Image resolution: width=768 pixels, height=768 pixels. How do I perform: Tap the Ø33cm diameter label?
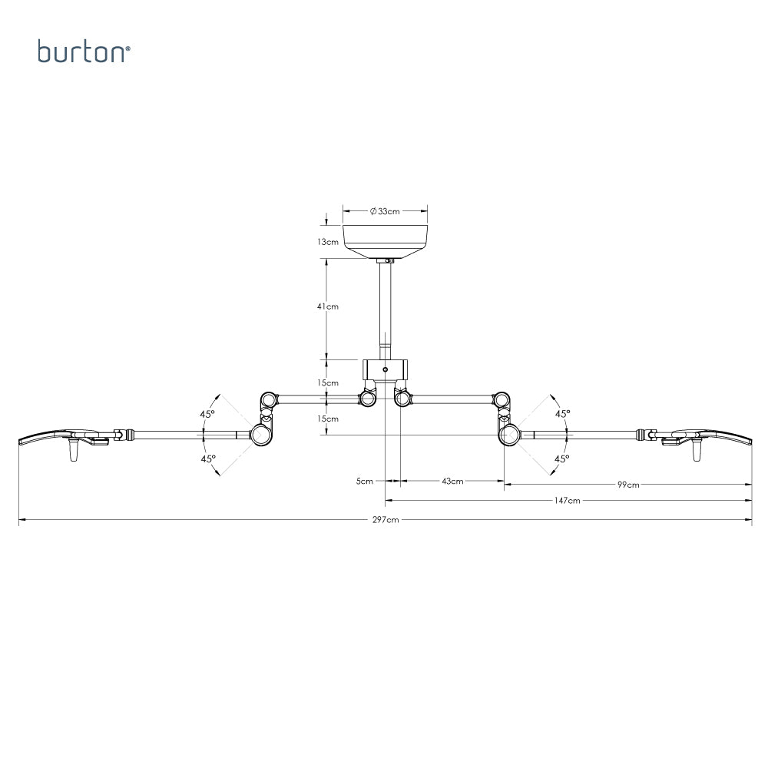point(385,211)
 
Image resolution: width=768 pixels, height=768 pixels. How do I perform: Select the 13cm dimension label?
point(328,242)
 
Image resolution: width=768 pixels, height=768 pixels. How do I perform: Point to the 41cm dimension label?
point(328,306)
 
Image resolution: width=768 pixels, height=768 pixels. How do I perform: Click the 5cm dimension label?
point(364,481)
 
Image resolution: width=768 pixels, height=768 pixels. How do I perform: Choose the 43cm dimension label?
point(452,481)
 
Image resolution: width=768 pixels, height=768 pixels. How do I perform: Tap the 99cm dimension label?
point(628,485)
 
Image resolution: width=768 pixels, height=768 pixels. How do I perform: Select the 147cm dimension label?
point(568,501)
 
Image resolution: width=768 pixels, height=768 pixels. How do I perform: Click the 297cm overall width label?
point(386,520)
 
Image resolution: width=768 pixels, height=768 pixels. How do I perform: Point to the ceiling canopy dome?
point(385,241)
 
